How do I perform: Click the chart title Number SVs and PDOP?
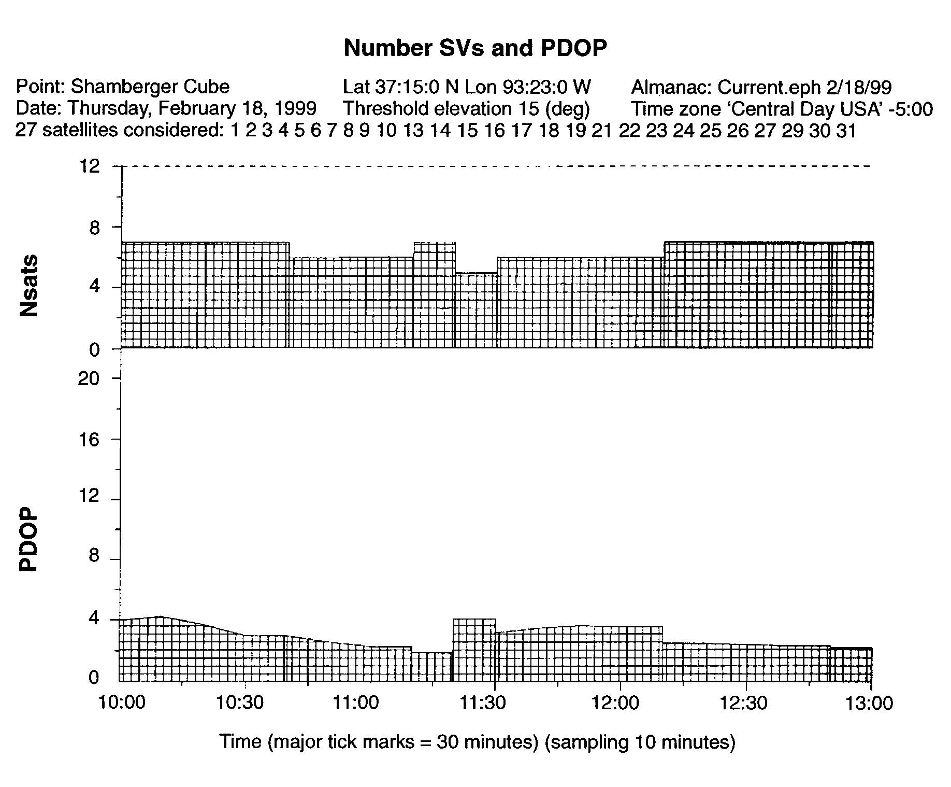click(x=475, y=48)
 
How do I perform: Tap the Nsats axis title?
click(x=29, y=285)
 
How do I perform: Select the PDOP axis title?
click(x=29, y=539)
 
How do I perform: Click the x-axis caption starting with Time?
click(x=477, y=742)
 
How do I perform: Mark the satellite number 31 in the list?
click(x=846, y=131)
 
